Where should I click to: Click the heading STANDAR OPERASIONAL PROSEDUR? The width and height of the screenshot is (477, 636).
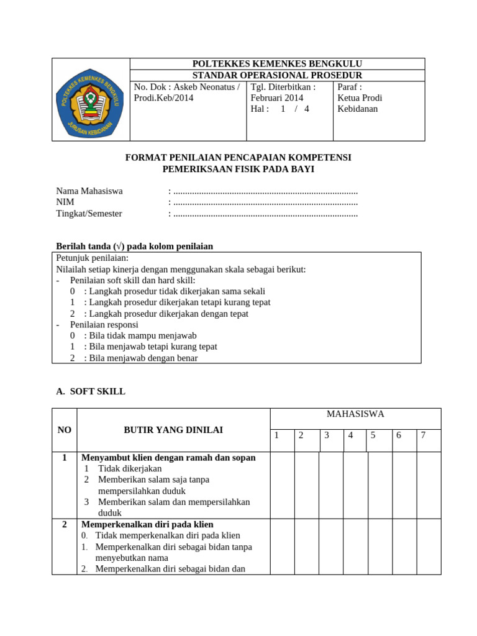pyautogui.click(x=277, y=75)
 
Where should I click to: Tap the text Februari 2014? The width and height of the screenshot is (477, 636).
pyautogui.click(x=277, y=98)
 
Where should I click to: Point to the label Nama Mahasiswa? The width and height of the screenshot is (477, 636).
pyautogui.click(x=89, y=191)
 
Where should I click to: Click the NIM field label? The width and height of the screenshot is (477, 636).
pyautogui.click(x=65, y=202)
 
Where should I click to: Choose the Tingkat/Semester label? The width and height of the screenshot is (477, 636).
pyautogui.click(x=89, y=214)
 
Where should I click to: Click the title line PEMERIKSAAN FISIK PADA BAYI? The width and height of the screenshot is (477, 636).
pyautogui.click(x=238, y=169)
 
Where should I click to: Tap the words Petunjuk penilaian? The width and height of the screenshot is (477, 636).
pyautogui.click(x=93, y=258)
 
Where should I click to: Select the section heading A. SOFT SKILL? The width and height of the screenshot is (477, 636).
pyautogui.click(x=91, y=391)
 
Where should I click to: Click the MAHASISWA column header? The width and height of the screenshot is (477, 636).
pyautogui.click(x=355, y=414)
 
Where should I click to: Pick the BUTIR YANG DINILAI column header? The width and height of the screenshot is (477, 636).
pyautogui.click(x=173, y=430)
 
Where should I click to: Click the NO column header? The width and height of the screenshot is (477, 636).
pyautogui.click(x=65, y=430)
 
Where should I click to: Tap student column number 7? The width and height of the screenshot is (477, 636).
pyautogui.click(x=423, y=435)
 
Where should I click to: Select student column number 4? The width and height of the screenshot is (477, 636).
pyautogui.click(x=350, y=435)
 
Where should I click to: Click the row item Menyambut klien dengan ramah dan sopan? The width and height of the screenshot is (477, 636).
pyautogui.click(x=168, y=458)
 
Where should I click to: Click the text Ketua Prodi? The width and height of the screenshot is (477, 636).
pyautogui.click(x=360, y=98)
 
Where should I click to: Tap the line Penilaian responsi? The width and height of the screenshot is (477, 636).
pyautogui.click(x=104, y=324)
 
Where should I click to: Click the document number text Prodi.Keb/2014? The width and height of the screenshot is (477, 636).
pyautogui.click(x=163, y=98)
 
